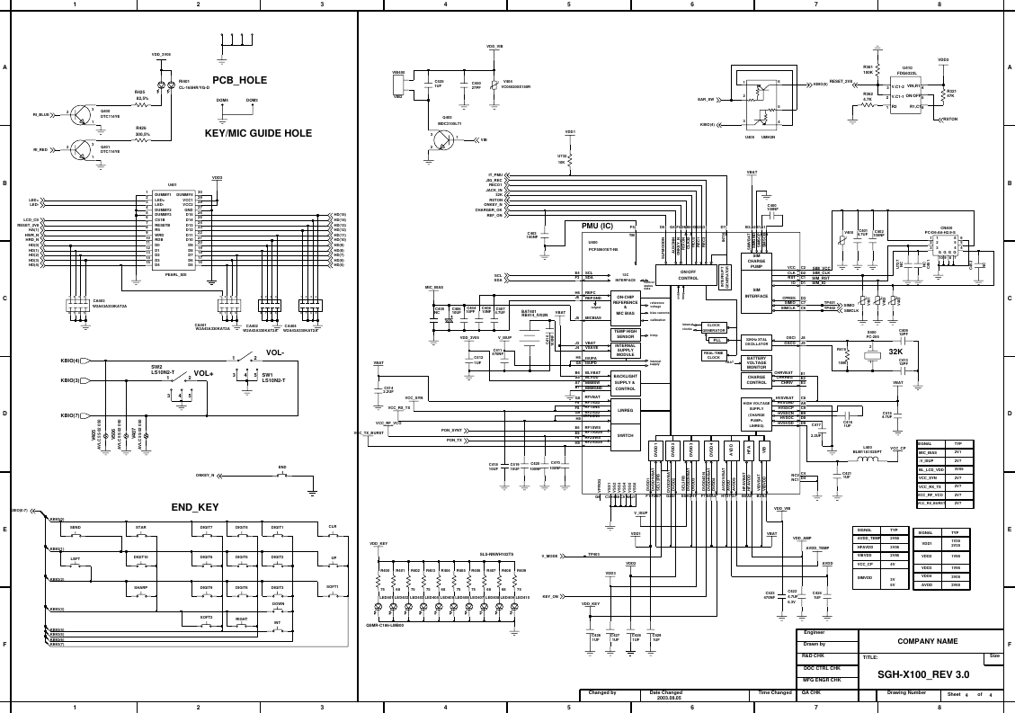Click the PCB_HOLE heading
(x=239, y=80)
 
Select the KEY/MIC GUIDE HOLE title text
(x=258, y=133)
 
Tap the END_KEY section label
(x=195, y=508)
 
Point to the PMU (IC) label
(x=590, y=226)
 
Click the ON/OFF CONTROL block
(x=688, y=275)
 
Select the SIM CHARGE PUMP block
(x=756, y=261)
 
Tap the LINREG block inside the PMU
(x=626, y=410)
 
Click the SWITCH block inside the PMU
(x=626, y=435)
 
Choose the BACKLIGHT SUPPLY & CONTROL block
(x=626, y=382)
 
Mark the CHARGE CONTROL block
(x=756, y=379)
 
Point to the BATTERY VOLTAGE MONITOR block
(x=756, y=362)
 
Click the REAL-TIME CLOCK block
(x=713, y=356)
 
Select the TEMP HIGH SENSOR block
(x=626, y=334)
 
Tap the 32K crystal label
(x=895, y=352)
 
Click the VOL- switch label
(x=274, y=352)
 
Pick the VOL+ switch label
(x=203, y=373)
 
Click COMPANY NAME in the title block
(x=927, y=641)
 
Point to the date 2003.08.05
(x=665, y=698)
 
